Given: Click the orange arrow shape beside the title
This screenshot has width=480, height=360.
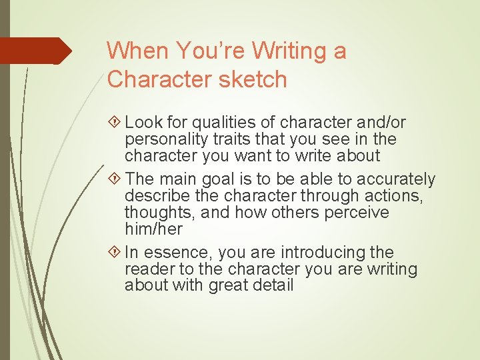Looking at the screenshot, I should point(35,51).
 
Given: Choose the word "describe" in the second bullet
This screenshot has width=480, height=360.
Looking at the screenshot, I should point(155,196).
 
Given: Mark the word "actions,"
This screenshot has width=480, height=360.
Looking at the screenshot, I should point(395,196).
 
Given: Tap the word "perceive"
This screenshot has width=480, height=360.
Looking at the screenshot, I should point(359,213).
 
